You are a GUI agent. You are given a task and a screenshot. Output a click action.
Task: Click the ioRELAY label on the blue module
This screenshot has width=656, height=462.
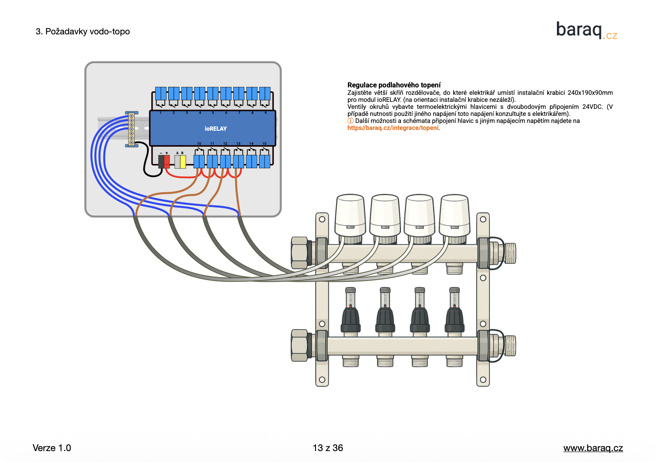[x=216, y=129]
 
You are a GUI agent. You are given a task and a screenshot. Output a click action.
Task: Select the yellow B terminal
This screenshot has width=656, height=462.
[x=183, y=162]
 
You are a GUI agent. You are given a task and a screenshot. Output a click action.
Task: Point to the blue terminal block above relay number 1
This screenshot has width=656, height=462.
[x=161, y=94]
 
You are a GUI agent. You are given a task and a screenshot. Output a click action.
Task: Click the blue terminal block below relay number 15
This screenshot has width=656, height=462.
[x=264, y=161]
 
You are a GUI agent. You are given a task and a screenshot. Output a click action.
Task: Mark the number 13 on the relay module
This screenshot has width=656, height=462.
[x=238, y=144]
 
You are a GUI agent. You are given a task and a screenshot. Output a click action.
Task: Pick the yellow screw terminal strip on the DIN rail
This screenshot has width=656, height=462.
[x=131, y=129]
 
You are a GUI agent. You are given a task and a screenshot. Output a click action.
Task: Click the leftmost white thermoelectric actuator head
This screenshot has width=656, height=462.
[x=350, y=215]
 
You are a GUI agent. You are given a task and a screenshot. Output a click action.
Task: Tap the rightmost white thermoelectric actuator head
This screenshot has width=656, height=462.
[x=454, y=215]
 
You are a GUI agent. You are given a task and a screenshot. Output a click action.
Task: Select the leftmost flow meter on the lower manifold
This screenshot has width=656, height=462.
[x=351, y=310]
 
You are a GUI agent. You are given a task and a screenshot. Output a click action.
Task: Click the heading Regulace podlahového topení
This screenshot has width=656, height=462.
[x=394, y=85]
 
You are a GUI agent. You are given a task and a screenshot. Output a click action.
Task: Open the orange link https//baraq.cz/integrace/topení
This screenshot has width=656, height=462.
[x=393, y=128]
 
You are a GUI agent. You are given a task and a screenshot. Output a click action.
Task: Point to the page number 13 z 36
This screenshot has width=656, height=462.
[x=328, y=448]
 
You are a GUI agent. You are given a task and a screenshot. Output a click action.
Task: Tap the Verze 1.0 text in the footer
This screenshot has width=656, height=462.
[x=52, y=448]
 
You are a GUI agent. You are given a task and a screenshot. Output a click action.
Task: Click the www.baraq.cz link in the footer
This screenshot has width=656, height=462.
[x=593, y=448]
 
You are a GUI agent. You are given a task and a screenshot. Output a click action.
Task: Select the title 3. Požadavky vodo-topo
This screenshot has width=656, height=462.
[x=83, y=32]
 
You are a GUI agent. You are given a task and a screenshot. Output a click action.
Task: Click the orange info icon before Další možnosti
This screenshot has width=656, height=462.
[x=350, y=121]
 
